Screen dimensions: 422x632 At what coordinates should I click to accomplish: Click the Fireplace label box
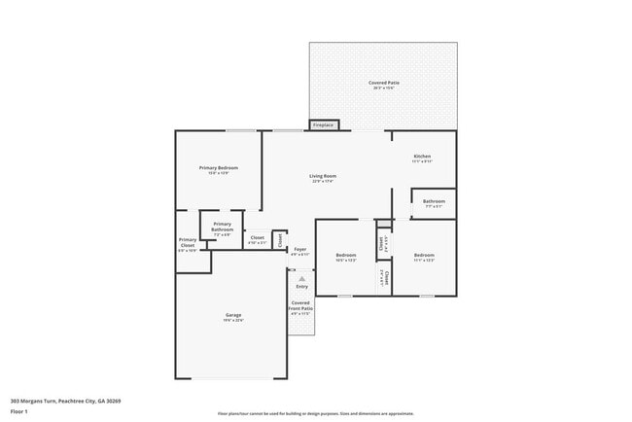click(323, 125)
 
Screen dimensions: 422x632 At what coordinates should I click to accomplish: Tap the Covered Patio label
click(383, 84)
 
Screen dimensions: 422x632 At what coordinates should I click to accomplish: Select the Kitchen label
click(422, 157)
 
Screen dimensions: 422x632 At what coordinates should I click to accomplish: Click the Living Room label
click(323, 176)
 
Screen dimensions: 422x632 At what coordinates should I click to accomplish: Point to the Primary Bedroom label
click(219, 168)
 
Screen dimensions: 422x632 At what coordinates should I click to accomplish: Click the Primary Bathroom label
click(223, 227)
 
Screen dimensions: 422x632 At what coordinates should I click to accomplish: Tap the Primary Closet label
click(187, 243)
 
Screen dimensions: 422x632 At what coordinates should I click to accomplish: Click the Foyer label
click(300, 250)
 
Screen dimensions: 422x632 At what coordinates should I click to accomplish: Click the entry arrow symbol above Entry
click(301, 279)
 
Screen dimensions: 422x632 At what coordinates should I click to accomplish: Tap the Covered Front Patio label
click(300, 305)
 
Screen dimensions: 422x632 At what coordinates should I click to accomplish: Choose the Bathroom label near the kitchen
click(433, 202)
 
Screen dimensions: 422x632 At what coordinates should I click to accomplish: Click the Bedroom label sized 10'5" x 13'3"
click(346, 256)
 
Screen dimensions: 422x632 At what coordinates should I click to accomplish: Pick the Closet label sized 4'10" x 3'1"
click(258, 237)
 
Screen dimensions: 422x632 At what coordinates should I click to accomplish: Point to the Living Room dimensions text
click(323, 182)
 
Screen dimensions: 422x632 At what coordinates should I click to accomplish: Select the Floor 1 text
click(18, 411)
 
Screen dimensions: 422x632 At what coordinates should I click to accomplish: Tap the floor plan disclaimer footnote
click(315, 412)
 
